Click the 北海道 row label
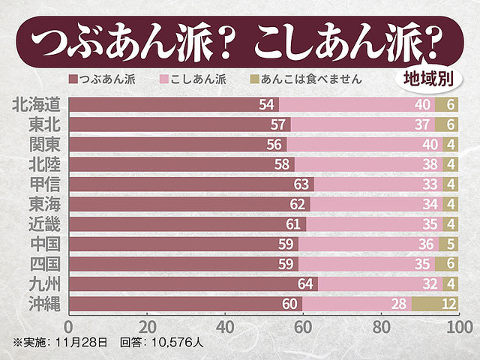(x=37, y=104)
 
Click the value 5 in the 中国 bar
(x=451, y=244)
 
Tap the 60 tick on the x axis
(x=303, y=327)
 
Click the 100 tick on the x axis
(x=458, y=327)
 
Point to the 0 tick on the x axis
(x=69, y=327)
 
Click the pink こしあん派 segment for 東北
(x=352, y=124)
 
